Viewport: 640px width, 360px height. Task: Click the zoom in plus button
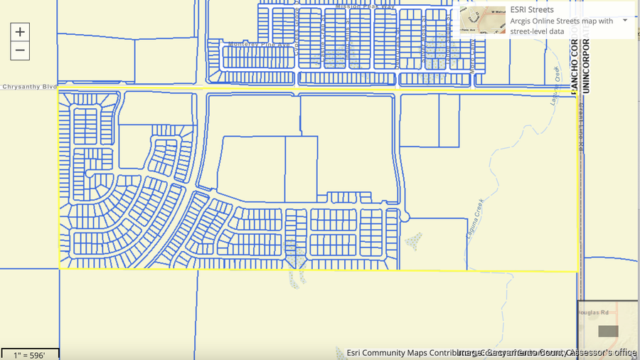click(20, 32)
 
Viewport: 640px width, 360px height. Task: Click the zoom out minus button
click(20, 50)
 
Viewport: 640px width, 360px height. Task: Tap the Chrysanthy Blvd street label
click(29, 87)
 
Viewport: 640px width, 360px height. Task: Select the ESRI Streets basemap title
click(532, 10)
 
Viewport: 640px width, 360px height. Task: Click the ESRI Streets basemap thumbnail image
click(483, 21)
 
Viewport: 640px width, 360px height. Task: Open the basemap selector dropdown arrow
click(625, 20)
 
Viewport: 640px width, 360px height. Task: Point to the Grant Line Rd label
click(581, 127)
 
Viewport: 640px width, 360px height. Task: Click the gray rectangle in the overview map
click(608, 331)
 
